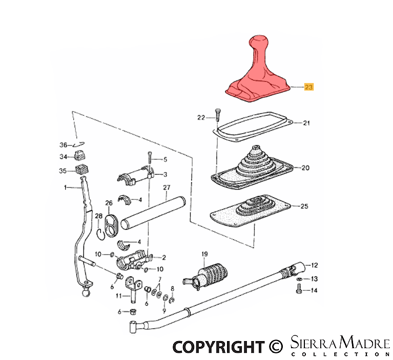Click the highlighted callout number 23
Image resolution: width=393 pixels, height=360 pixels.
click(x=308, y=87)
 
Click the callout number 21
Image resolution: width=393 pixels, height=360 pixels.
click(x=306, y=123)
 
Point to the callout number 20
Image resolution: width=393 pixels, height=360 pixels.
click(x=305, y=167)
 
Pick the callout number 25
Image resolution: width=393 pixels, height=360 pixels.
click(x=304, y=206)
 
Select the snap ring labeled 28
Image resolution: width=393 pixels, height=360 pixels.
click(x=100, y=235)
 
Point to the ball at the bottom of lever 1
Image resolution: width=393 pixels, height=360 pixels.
click(x=86, y=292)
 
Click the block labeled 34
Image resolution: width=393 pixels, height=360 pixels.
click(x=80, y=157)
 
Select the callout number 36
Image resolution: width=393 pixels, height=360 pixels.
click(x=63, y=145)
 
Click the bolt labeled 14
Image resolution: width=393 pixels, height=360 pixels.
click(x=299, y=289)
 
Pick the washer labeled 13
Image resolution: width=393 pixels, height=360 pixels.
click(x=299, y=279)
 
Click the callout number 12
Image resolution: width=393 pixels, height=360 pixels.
click(x=314, y=265)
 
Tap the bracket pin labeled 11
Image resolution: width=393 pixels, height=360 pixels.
click(x=132, y=289)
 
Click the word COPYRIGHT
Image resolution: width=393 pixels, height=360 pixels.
click(x=219, y=347)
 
